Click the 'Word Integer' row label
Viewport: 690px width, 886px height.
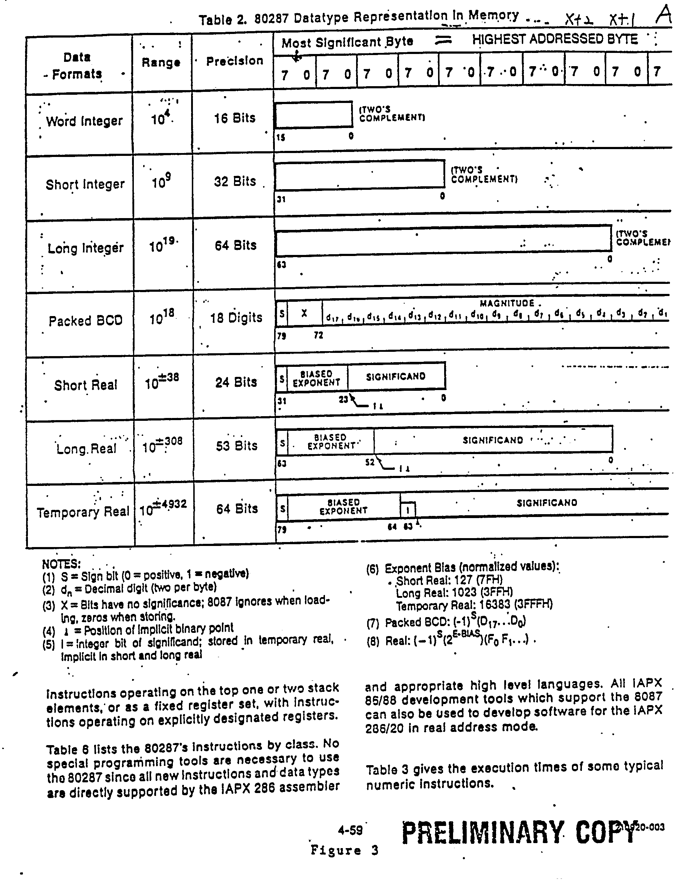tap(84, 121)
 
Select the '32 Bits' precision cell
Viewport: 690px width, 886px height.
tap(235, 181)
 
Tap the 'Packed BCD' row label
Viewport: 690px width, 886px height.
tap(85, 321)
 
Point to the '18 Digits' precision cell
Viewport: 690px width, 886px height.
tap(236, 318)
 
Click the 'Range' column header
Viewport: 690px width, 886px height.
tap(161, 63)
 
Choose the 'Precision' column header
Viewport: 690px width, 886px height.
tap(234, 61)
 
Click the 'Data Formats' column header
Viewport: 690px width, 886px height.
tap(77, 66)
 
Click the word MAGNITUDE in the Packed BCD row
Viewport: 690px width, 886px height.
tap(507, 304)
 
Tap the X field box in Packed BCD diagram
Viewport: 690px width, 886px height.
tap(304, 314)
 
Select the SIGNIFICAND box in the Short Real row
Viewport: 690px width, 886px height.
tap(395, 376)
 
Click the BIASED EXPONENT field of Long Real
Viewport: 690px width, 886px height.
tap(331, 441)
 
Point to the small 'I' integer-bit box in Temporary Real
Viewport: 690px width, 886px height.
tap(408, 510)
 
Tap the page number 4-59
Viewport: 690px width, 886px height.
tap(350, 831)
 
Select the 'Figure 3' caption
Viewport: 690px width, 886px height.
tap(344, 850)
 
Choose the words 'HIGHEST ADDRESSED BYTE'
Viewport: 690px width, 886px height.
tap(555, 39)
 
